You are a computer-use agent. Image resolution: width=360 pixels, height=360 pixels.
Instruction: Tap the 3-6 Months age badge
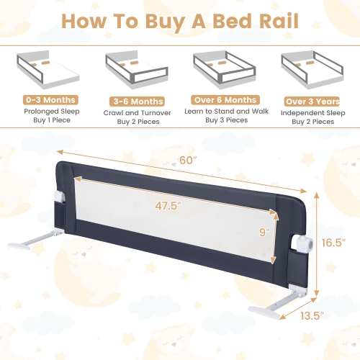click(x=137, y=102)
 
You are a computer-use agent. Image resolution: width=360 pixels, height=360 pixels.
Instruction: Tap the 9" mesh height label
click(x=264, y=232)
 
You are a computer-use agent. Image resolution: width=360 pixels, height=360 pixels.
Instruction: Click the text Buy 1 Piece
click(x=50, y=122)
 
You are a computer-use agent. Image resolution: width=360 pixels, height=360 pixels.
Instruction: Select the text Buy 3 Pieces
click(x=225, y=122)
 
